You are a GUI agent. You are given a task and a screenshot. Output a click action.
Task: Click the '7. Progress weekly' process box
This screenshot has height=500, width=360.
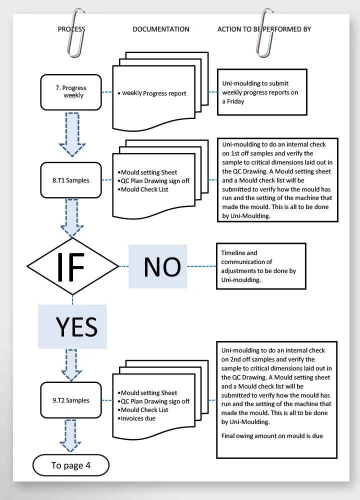pos(70,92)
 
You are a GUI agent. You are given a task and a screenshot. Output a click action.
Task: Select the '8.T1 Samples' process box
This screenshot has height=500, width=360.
pos(70,180)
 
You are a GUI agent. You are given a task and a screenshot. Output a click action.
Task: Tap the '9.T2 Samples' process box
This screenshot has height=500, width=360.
pos(70,400)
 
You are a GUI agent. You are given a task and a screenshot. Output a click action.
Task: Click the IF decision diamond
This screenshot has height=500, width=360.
pos(73,266)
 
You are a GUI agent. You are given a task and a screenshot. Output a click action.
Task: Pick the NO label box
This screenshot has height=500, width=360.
pos(158,266)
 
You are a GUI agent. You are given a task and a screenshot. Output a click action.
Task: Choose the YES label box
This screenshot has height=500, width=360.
pos(73,326)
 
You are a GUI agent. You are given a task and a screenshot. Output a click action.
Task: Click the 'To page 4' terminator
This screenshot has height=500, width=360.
pos(71,465)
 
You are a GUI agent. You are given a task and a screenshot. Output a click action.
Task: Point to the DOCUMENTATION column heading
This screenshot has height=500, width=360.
pos(161,29)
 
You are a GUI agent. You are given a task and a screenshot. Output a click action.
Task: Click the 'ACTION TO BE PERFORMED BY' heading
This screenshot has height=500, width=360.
pos(264,29)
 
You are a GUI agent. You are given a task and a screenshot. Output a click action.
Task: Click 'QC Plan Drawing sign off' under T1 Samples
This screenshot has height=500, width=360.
pos(155,181)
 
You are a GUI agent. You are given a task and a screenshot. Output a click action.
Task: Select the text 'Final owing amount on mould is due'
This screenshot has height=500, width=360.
pos(272,436)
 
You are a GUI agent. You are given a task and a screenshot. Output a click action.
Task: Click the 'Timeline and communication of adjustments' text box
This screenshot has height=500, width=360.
pos(260,266)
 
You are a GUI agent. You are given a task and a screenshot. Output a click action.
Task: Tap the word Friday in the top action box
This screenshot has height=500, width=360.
pos(235,101)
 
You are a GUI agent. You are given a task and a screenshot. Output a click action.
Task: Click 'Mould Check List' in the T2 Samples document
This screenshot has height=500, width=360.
pos(144,409)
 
